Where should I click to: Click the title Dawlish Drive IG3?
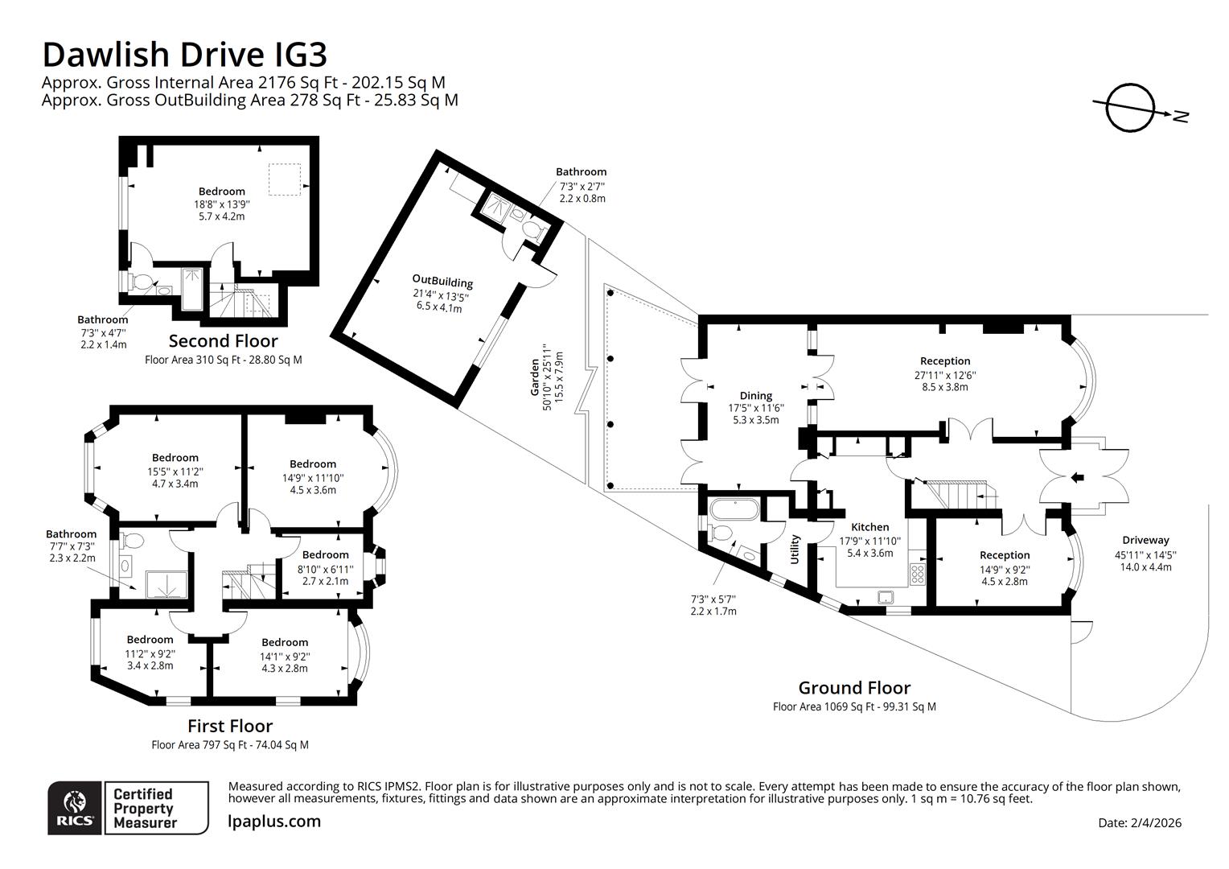[184, 55]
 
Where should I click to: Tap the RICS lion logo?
[75, 806]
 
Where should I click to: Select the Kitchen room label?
[869, 527]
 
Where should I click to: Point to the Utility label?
[795, 549]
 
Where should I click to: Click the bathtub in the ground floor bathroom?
[733, 509]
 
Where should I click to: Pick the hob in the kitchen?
[917, 574]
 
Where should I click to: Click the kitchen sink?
[886, 596]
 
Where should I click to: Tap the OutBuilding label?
[442, 282]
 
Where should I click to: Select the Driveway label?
[1145, 540]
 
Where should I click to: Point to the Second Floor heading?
[223, 340]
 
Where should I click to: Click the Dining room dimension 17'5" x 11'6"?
[755, 408]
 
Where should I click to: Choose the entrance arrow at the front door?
[1077, 479]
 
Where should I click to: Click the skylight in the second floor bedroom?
[284, 179]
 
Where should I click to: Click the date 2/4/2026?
[1140, 822]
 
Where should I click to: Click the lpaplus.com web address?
[274, 822]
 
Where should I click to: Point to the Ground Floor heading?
[854, 688]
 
